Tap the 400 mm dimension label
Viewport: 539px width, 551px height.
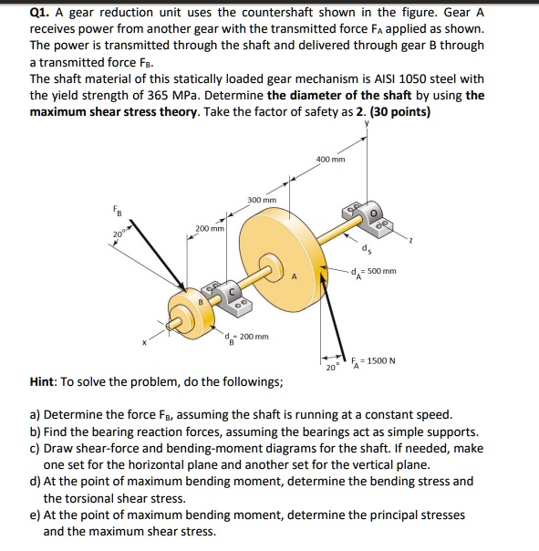(x=330, y=160)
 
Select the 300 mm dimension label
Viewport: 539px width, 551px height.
(x=262, y=200)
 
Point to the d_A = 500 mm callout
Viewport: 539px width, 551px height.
(x=374, y=271)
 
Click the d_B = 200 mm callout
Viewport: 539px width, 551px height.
(x=246, y=337)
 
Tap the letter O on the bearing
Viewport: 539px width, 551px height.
(x=374, y=212)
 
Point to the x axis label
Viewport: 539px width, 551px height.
(x=143, y=344)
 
